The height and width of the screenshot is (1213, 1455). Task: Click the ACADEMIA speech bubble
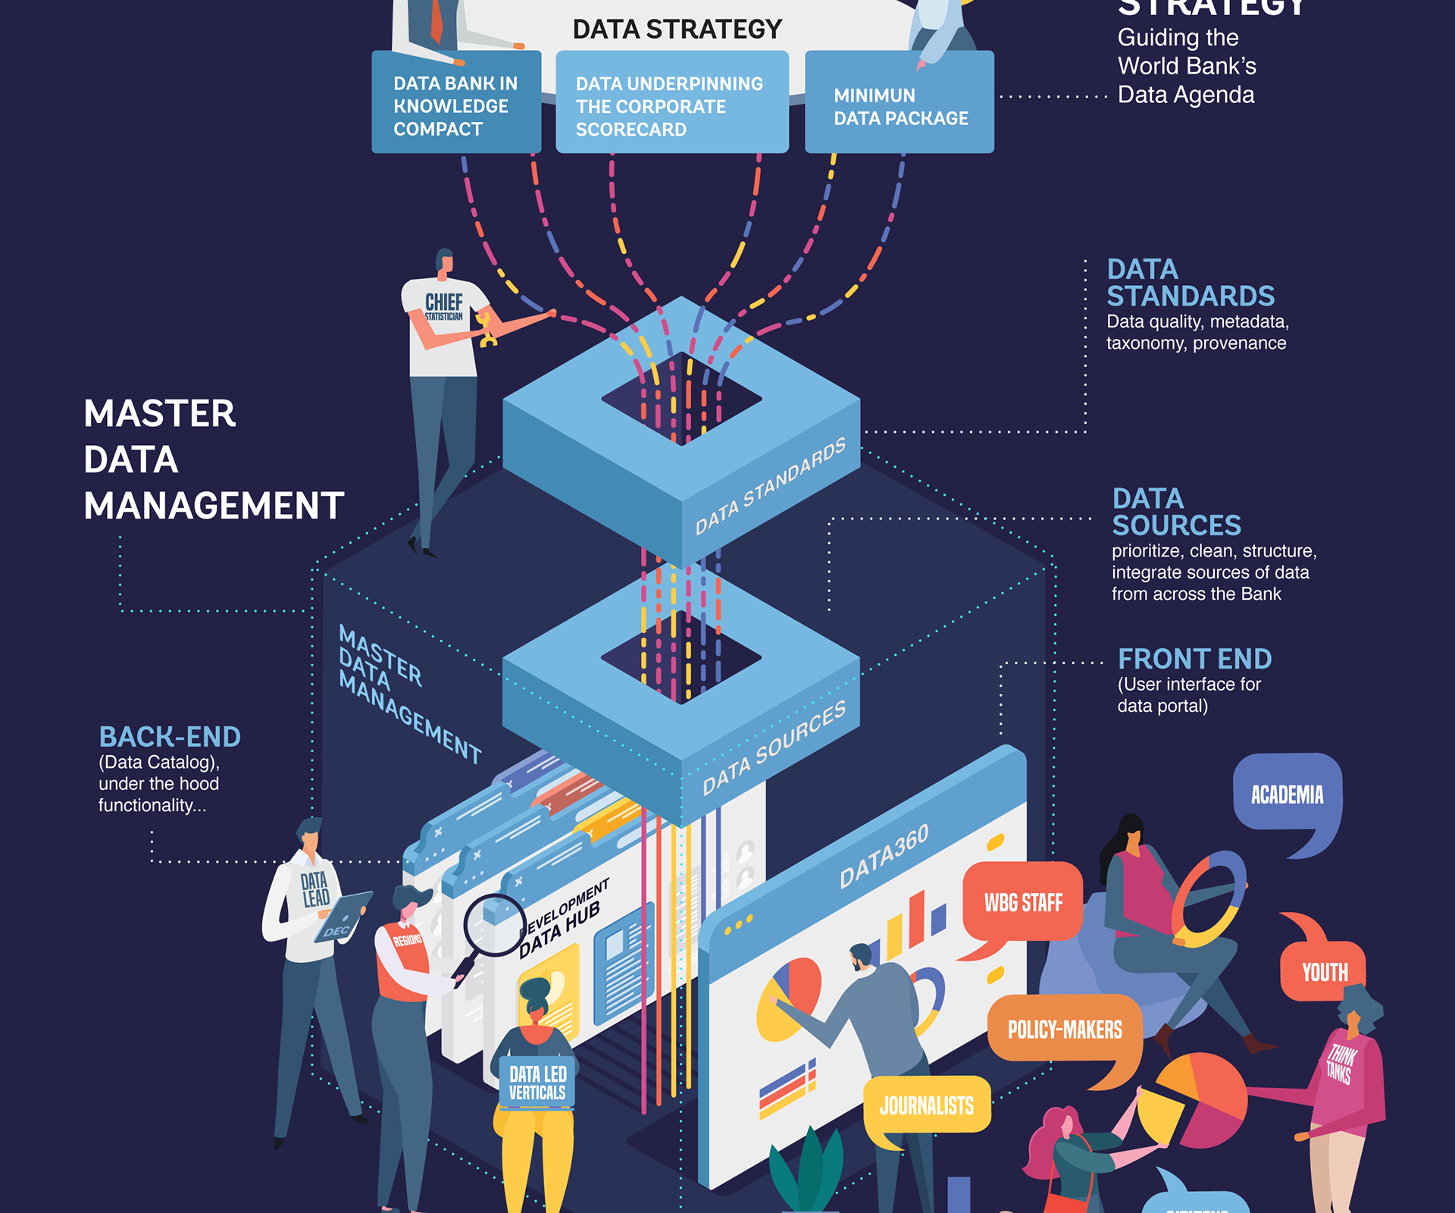[x=1287, y=794]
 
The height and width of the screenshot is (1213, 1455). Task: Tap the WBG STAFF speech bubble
[x=1022, y=902]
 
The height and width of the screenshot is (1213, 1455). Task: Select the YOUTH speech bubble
[x=1324, y=972]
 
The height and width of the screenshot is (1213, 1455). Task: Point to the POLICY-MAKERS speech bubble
[x=1064, y=1030]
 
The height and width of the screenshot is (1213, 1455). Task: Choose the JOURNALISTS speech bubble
[x=927, y=1105]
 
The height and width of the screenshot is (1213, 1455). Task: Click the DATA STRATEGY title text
[x=677, y=30]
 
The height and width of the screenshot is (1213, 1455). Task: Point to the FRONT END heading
[x=1194, y=659]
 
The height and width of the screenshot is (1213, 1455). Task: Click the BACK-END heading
[x=170, y=737]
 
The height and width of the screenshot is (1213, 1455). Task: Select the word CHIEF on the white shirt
[x=444, y=302]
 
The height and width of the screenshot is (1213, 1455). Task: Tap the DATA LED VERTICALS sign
[x=537, y=1083]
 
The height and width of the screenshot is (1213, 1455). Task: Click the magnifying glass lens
[x=494, y=925]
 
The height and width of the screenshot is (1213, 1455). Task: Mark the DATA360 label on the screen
[x=884, y=857]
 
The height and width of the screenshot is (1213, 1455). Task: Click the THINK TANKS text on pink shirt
[x=1340, y=1063]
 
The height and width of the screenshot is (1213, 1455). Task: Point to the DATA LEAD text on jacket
[x=314, y=889]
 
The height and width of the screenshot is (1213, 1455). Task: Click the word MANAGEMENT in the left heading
[x=214, y=506]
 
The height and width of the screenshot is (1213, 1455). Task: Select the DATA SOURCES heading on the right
[x=1175, y=512]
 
